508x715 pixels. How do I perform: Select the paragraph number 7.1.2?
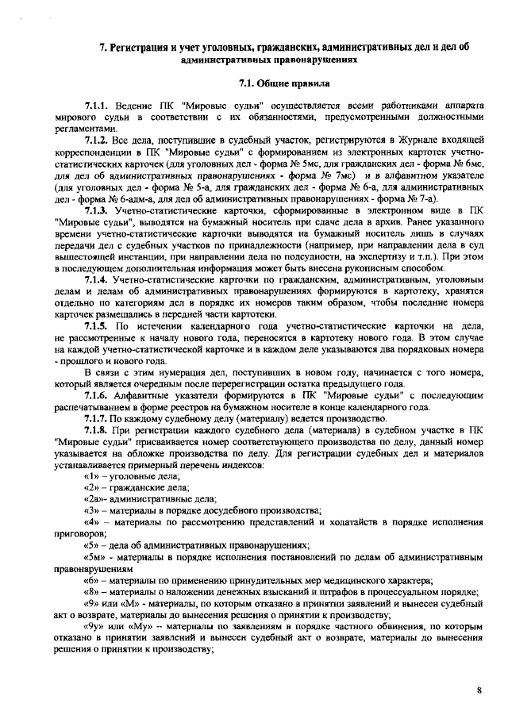pyautogui.click(x=97, y=139)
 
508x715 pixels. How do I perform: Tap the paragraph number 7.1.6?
pyautogui.click(x=97, y=394)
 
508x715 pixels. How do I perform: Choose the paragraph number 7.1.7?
pyautogui.click(x=97, y=417)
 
